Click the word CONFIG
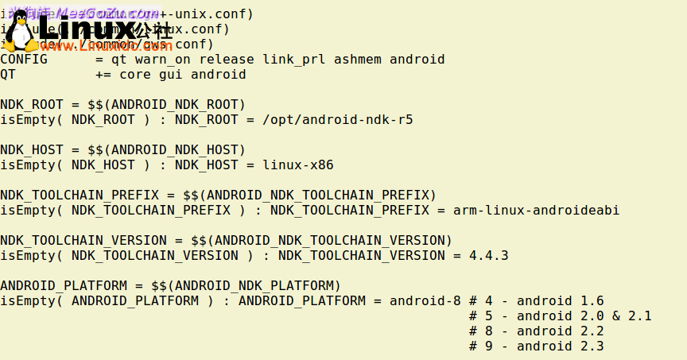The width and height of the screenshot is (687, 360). coord(24,60)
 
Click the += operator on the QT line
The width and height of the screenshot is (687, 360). coord(103,75)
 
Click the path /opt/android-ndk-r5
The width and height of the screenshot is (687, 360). coord(333,120)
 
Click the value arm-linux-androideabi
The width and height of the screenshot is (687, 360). coord(536,211)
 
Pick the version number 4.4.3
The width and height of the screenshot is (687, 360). coord(488,256)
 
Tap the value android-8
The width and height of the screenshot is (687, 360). coord(425,301)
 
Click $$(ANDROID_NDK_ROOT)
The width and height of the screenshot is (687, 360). coord(166,105)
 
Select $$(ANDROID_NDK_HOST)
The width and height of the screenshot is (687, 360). coord(166,150)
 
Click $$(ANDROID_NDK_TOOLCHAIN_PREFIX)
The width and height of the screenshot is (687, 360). coord(309,195)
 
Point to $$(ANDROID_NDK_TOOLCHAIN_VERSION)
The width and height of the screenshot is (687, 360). coord(321,241)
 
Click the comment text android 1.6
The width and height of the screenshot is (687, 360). coord(560,301)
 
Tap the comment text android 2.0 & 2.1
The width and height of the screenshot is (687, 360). coord(584,316)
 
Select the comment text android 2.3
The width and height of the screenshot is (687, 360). coord(560,346)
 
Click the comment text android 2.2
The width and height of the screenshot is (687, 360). coord(560,331)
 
